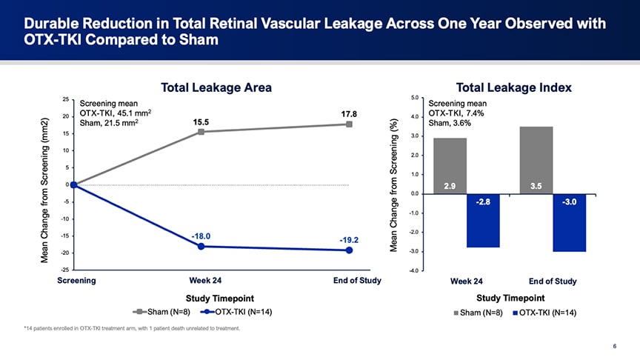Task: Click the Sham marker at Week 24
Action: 201,132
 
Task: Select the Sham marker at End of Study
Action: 349,124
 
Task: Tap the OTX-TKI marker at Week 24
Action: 201,246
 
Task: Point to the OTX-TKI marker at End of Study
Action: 349,250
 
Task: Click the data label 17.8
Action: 350,114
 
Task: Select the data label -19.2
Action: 350,240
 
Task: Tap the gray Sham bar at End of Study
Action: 537,159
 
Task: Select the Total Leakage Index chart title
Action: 514,87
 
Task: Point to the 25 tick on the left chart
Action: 66,99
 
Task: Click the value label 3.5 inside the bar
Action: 537,186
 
